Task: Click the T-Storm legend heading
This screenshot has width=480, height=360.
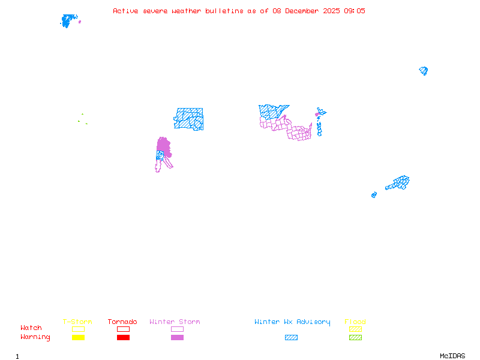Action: tap(77, 322)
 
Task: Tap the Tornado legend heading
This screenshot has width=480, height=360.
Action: tap(122, 322)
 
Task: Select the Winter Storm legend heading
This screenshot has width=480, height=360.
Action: tap(175, 322)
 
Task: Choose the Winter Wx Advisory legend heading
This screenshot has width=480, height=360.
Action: tap(292, 322)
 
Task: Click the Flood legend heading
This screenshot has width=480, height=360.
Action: tap(355, 322)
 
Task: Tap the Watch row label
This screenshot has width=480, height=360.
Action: tap(31, 328)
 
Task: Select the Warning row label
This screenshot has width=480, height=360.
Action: tap(35, 337)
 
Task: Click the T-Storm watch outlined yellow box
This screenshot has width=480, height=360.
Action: tap(78, 329)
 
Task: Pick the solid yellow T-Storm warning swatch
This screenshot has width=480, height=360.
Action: tap(78, 338)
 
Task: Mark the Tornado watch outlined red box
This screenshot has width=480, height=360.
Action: tap(123, 329)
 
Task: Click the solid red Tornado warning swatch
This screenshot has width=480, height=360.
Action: tap(123, 338)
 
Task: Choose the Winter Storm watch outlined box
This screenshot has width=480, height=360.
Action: tap(177, 329)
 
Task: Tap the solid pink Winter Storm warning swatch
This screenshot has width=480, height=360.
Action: tap(177, 338)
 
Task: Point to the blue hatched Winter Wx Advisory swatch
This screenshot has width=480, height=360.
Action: tap(291, 338)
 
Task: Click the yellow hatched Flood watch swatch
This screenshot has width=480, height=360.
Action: tap(355, 329)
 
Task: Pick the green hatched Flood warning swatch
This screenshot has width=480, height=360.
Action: tap(355, 338)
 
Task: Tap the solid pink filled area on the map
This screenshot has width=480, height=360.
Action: tap(163, 145)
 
